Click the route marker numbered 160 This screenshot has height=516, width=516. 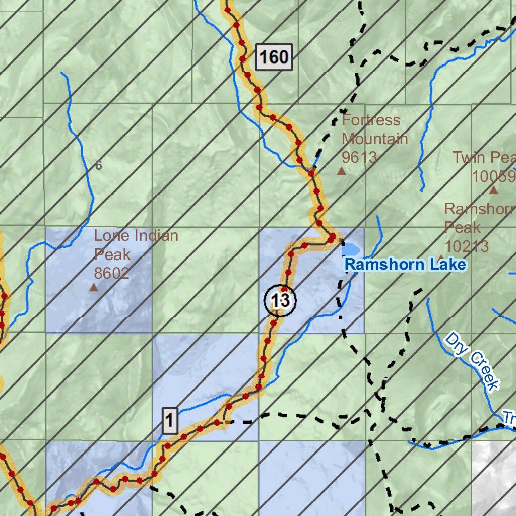pyautogui.click(x=274, y=57)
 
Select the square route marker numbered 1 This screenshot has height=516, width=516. pyautogui.click(x=170, y=420)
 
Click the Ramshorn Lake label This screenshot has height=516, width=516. pyautogui.click(x=405, y=264)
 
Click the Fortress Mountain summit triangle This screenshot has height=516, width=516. pyautogui.click(x=342, y=171)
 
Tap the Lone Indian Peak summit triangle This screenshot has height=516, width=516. pyautogui.click(x=93, y=288)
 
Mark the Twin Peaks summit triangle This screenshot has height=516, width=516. pyautogui.click(x=493, y=190)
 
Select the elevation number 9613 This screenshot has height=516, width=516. pyautogui.click(x=359, y=157)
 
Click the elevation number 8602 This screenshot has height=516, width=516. pyautogui.click(x=112, y=273)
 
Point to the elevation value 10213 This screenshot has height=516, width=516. pyautogui.click(x=466, y=246)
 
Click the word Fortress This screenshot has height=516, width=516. pyautogui.click(x=371, y=120)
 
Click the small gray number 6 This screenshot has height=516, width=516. pyautogui.click(x=98, y=165)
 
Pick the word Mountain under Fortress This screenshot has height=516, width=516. pyautogui.click(x=374, y=139)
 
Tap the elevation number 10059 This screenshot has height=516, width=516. pyautogui.click(x=494, y=176)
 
